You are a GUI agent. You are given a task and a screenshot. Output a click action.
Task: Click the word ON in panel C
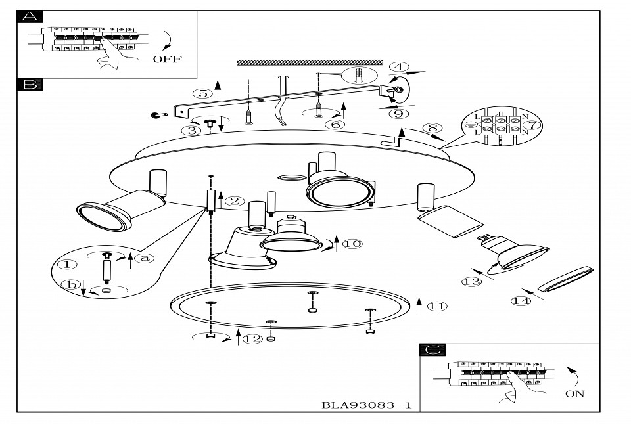pos(574,393)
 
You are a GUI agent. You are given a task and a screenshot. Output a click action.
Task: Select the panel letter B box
pos(29,85)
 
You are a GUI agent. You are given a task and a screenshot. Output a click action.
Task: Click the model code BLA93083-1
pos(367,405)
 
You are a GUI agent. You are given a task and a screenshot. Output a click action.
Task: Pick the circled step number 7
pos(532,124)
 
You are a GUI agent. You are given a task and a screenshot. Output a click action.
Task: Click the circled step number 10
pos(352,244)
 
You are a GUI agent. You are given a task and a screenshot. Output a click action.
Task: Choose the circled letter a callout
pos(145,258)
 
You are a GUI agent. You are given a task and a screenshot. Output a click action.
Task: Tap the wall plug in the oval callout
pos(360,76)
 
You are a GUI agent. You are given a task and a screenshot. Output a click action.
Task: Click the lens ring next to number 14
pos(564,279)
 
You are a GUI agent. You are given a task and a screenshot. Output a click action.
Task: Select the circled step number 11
pos(436,305)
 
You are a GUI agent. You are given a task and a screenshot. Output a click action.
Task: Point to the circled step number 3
pos(192,130)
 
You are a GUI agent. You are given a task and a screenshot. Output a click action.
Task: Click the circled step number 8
pos(431,128)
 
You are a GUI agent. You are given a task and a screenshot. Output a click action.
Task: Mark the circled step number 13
pos(471,282)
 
